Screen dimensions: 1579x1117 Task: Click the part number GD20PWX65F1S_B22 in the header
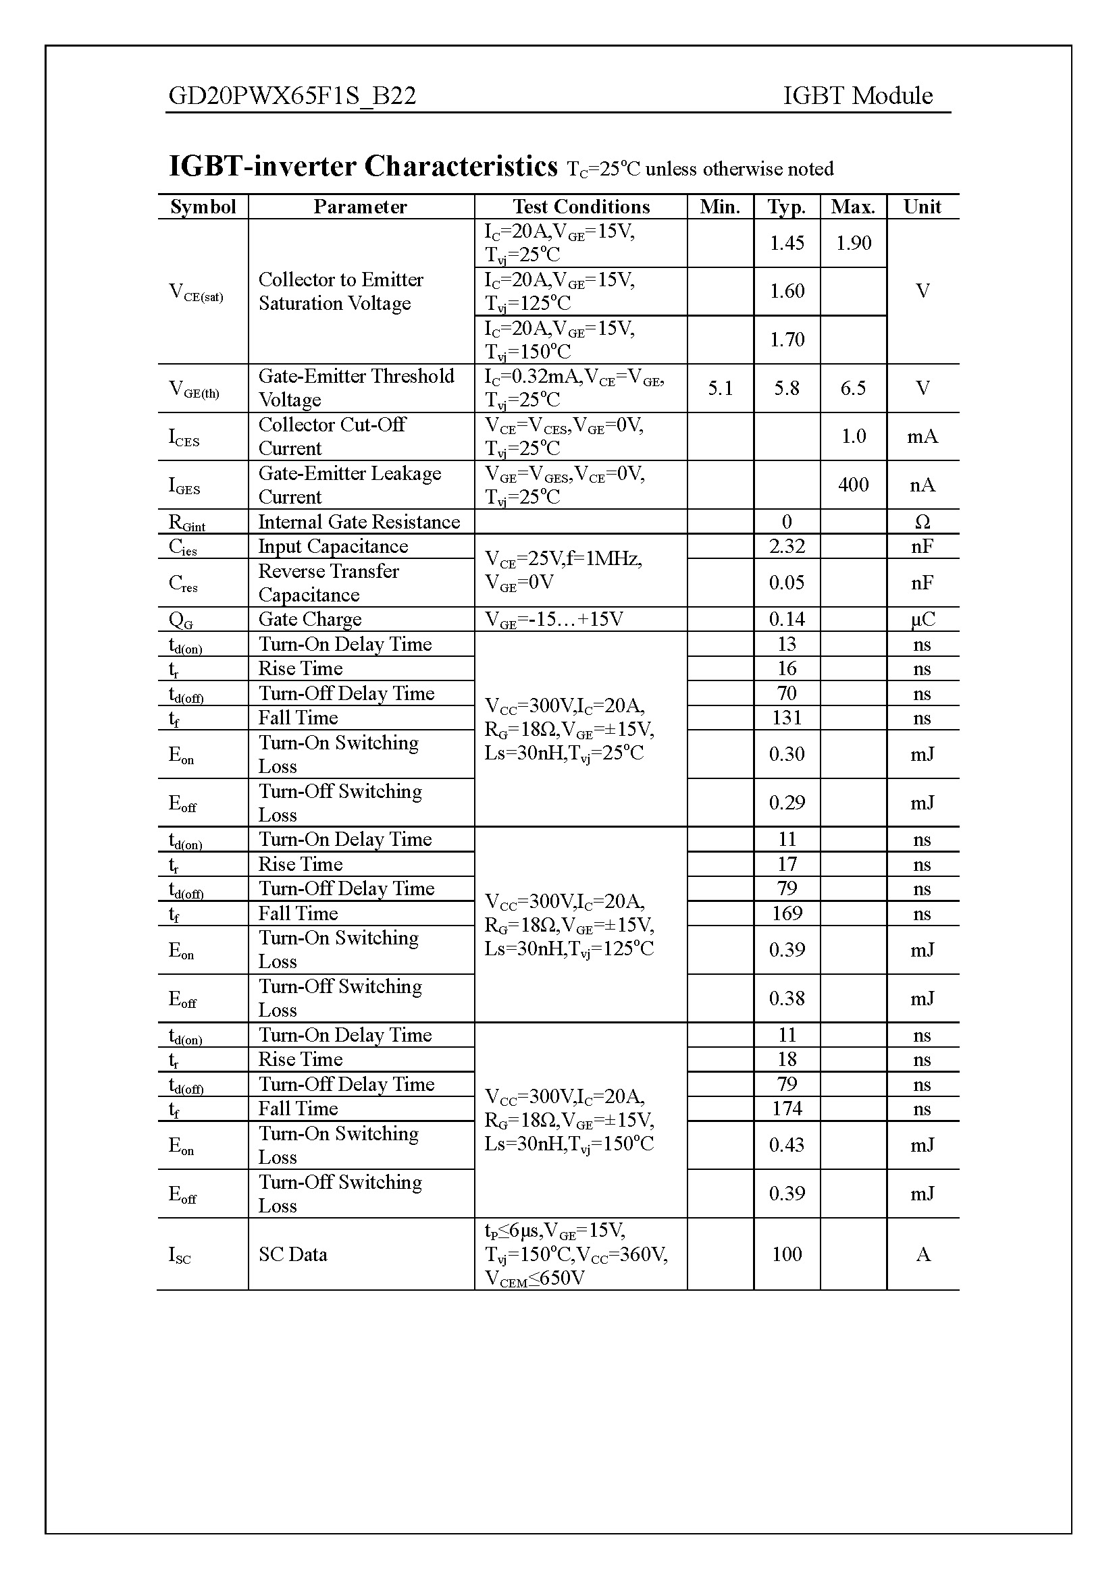click(292, 96)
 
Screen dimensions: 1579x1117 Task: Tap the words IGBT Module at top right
click(858, 96)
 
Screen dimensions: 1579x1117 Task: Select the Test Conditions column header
click(581, 207)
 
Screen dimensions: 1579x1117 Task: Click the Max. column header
click(853, 207)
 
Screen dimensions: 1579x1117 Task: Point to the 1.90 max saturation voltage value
click(854, 243)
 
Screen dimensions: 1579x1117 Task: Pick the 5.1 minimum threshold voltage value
click(720, 389)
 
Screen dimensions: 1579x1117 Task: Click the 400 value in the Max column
click(854, 485)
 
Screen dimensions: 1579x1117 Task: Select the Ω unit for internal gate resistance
click(923, 522)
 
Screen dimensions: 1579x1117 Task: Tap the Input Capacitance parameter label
click(333, 546)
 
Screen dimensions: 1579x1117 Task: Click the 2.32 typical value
click(787, 546)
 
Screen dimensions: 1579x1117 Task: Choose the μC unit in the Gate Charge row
click(923, 620)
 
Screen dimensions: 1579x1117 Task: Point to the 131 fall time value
click(787, 718)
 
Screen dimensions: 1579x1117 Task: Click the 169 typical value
click(787, 913)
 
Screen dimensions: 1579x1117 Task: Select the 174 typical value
click(787, 1108)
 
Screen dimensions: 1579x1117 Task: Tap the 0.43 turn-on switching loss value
click(787, 1145)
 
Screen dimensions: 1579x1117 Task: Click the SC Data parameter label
click(293, 1254)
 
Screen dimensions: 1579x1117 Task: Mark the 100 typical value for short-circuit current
click(787, 1254)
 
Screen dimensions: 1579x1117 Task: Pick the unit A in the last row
click(923, 1254)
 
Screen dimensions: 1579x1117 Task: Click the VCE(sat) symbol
click(196, 292)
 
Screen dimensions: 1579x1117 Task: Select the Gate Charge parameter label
click(309, 620)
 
